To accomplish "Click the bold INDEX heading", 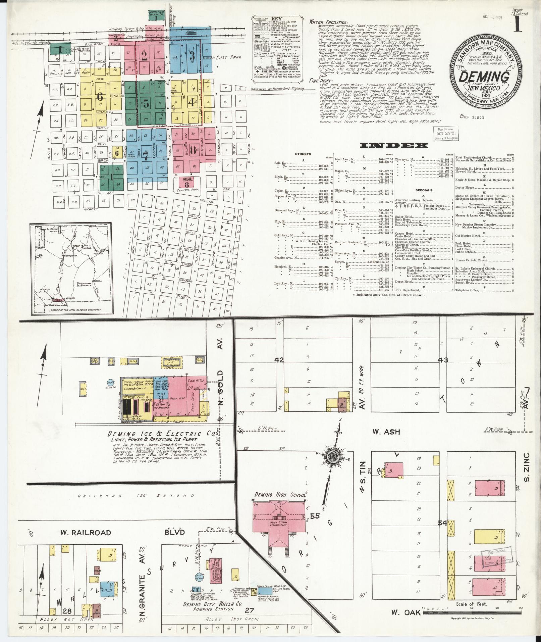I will click(x=394, y=145).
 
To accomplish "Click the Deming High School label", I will click(x=280, y=495).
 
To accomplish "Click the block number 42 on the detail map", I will click(x=279, y=360).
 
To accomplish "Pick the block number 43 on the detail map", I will click(x=443, y=360).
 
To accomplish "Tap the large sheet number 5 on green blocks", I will click(x=146, y=104).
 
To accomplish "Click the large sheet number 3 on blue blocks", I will click(x=192, y=55).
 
